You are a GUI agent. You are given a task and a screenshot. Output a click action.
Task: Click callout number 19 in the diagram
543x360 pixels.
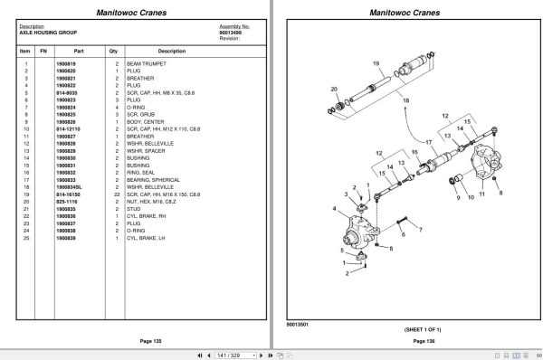click(x=375, y=62)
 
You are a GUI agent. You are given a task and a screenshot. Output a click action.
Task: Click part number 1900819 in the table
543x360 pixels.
click(x=68, y=63)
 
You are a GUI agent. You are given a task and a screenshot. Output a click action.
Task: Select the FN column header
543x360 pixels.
click(x=43, y=51)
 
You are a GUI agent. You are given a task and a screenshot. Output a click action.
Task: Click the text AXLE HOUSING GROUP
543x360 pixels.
click(x=44, y=33)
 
